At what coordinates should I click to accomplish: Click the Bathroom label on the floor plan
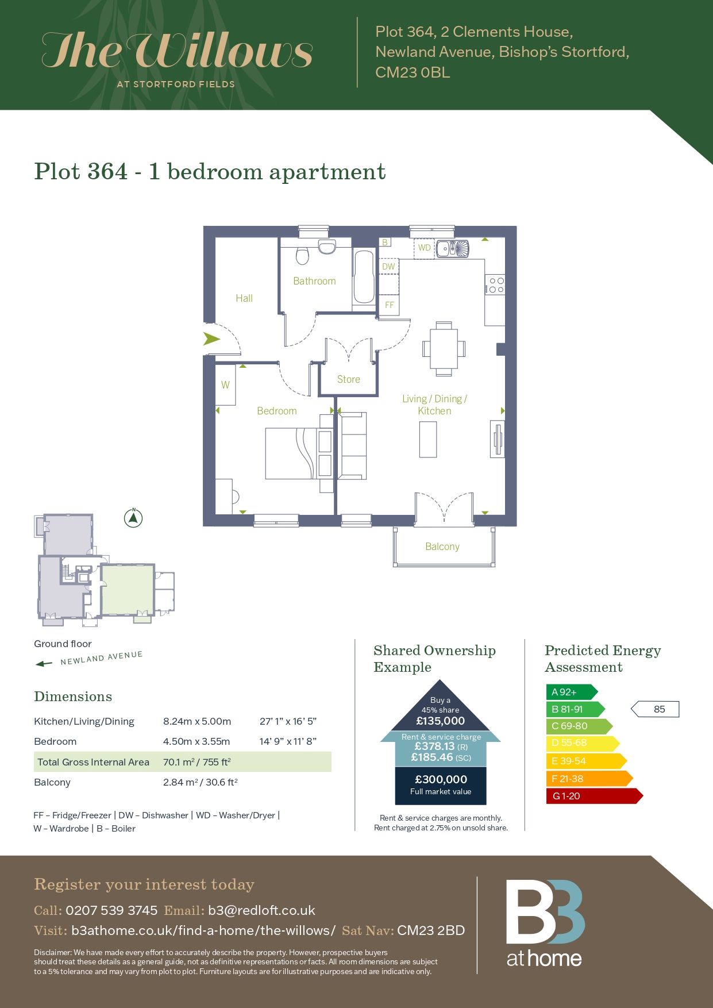(314, 281)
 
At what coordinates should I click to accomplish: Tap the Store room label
(349, 379)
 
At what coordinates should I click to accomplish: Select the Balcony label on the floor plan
(442, 547)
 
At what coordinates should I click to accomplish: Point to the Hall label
(244, 298)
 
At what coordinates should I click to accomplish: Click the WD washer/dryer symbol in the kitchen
(424, 248)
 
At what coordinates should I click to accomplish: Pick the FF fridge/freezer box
(390, 305)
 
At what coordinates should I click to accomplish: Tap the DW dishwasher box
(389, 267)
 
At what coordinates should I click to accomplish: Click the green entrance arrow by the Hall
(211, 339)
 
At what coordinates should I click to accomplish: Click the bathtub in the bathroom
(364, 276)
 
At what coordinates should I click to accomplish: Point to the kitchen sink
(453, 249)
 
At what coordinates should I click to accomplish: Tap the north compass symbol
(133, 518)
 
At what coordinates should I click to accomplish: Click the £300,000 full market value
(441, 780)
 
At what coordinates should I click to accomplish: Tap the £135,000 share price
(441, 721)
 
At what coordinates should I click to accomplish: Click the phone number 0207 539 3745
(111, 910)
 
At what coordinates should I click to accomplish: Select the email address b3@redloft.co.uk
(261, 910)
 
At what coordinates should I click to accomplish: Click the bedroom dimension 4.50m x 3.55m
(196, 741)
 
